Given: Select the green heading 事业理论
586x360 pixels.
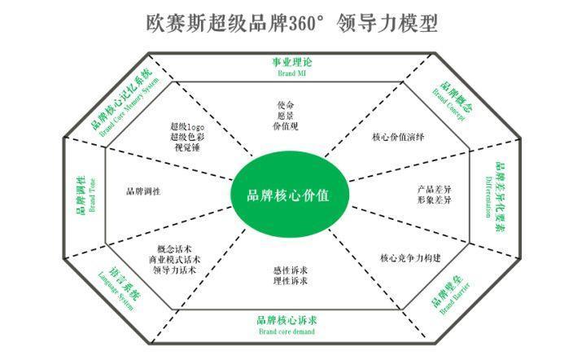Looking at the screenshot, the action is [291, 62].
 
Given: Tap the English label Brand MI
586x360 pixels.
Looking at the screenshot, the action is [291, 72].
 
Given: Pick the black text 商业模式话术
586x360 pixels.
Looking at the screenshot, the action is [175, 260].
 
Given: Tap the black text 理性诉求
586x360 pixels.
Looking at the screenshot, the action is [291, 282].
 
